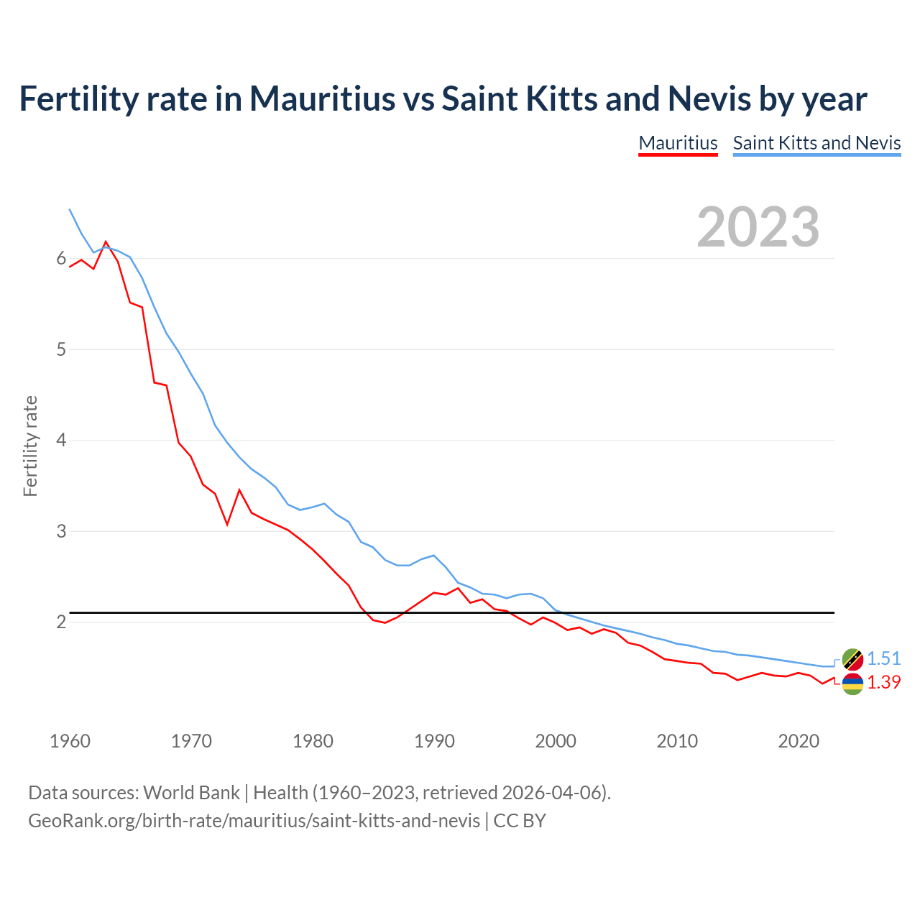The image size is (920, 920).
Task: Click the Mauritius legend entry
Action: (x=678, y=143)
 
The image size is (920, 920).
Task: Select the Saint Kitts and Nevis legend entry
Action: (x=816, y=143)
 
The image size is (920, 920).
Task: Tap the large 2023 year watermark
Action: (x=758, y=227)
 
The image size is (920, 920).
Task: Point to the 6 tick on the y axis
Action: (x=61, y=259)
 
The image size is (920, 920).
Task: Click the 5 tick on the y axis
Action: (x=61, y=350)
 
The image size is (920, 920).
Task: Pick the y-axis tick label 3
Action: (x=61, y=532)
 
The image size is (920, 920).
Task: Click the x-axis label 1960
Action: (x=70, y=741)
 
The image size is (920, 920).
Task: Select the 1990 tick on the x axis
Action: (x=434, y=741)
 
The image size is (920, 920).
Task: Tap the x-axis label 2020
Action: (x=799, y=741)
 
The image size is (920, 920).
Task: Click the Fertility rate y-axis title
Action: (x=30, y=446)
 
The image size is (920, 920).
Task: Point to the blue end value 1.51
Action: (x=883, y=658)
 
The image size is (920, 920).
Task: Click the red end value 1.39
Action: (x=883, y=682)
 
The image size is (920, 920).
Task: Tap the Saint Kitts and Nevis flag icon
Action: (x=852, y=658)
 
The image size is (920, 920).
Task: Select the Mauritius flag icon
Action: (x=852, y=684)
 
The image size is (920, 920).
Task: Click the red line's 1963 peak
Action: (x=106, y=242)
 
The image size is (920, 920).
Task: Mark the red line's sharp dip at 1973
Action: (x=227, y=524)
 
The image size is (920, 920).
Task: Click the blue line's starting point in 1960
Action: (x=70, y=209)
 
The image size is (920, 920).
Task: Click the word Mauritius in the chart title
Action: (x=322, y=98)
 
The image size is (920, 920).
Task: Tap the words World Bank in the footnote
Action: (x=191, y=793)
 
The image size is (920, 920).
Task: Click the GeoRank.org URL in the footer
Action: (x=254, y=820)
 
